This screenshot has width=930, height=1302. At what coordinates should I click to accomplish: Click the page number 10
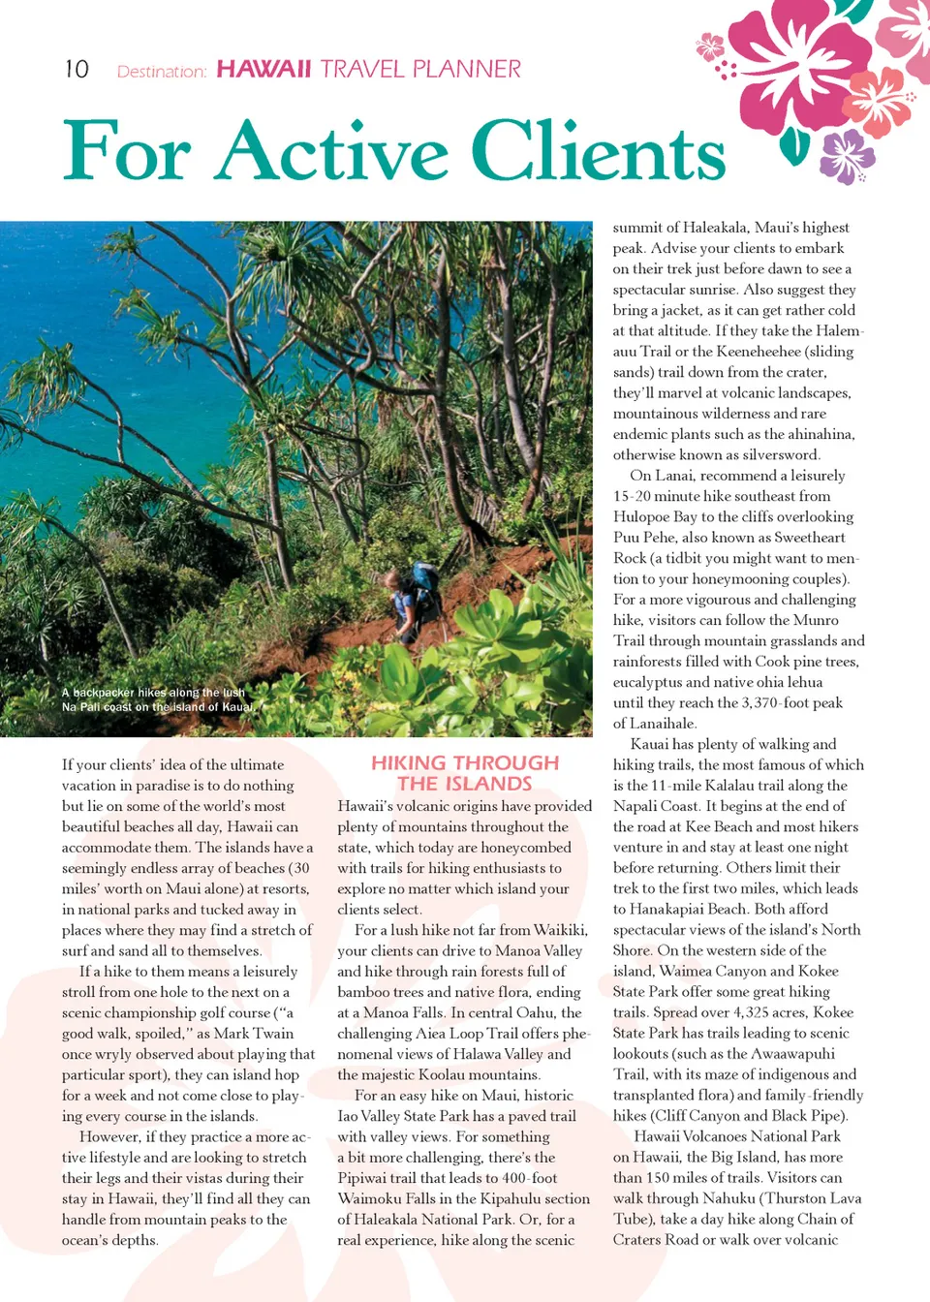(77, 70)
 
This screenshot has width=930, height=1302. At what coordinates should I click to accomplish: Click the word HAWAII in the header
(263, 70)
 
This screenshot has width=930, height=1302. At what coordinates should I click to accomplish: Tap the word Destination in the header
(161, 72)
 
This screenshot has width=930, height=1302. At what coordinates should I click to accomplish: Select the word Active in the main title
(333, 151)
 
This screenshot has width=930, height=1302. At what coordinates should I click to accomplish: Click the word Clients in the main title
(598, 151)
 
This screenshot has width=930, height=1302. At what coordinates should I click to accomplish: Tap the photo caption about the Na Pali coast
(157, 699)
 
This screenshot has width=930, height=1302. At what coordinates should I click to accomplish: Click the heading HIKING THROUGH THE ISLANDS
(465, 773)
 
